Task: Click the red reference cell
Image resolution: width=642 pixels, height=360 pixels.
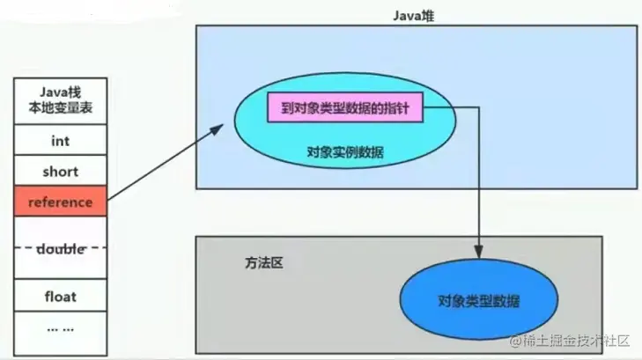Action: [60, 202]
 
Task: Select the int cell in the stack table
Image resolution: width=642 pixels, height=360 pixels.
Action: [60, 140]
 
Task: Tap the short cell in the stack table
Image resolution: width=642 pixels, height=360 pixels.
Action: [60, 171]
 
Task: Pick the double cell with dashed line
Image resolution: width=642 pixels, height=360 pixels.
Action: [60, 249]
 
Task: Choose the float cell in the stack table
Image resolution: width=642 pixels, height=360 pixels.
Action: [60, 297]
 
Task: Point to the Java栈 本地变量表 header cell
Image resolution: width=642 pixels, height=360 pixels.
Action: [60, 99]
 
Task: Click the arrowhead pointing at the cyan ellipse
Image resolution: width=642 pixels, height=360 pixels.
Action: [217, 130]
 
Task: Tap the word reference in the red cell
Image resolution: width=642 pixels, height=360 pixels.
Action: [60, 202]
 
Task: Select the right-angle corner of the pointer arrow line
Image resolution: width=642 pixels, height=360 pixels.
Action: [479, 110]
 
